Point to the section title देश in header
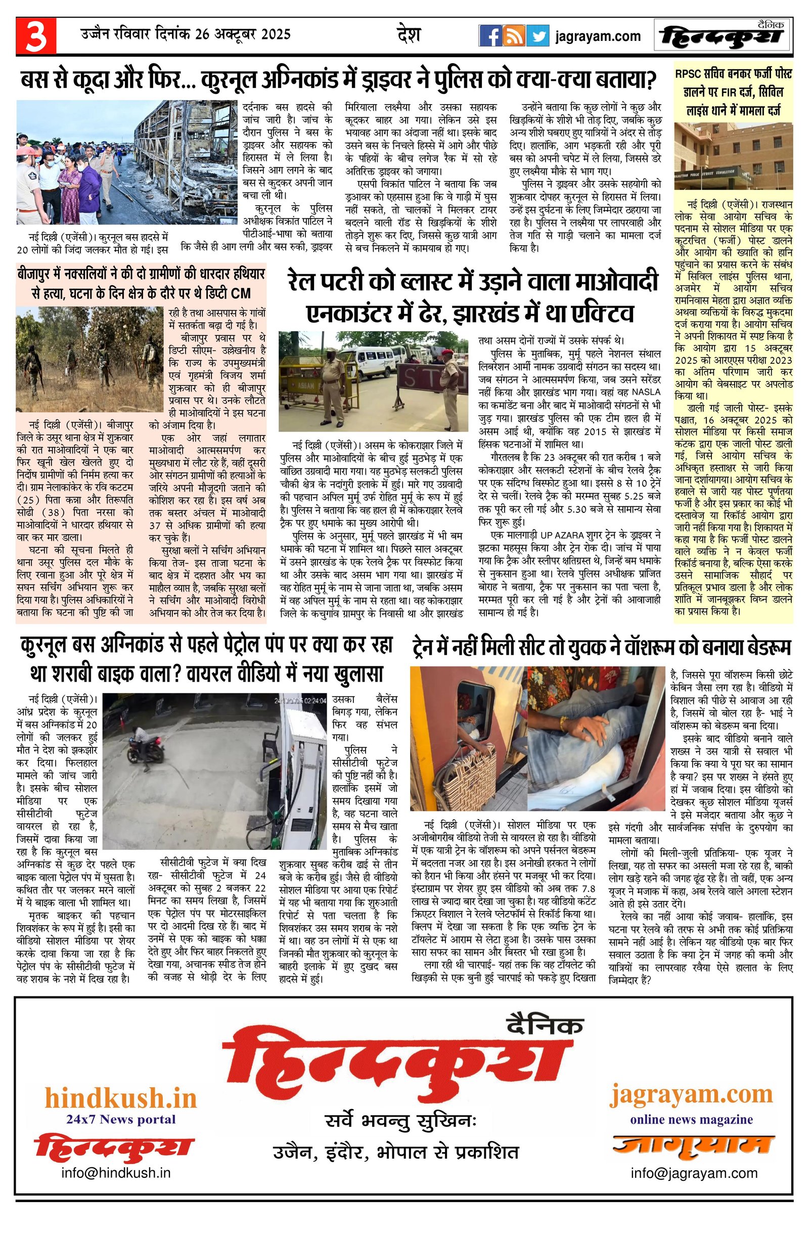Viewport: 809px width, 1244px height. tap(409, 35)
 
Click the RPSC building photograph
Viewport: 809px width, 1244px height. tap(733, 156)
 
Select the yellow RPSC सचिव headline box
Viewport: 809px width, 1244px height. tap(733, 91)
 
